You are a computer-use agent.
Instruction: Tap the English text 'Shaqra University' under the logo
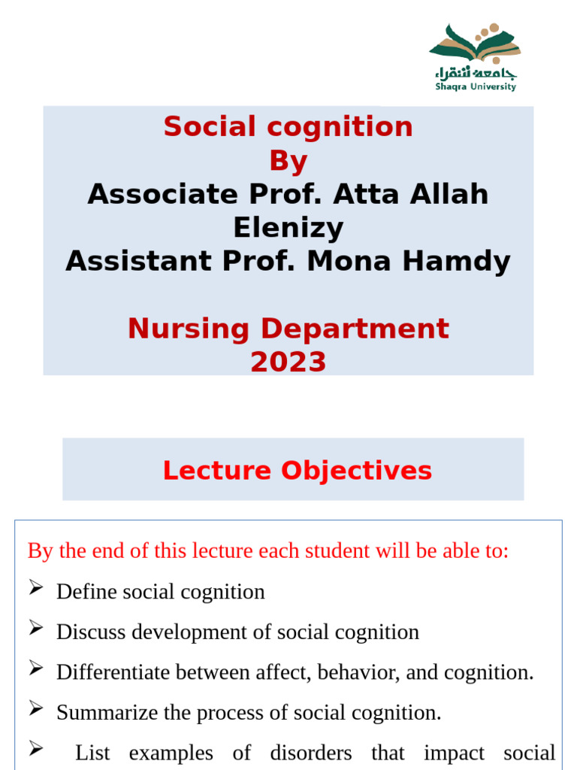point(476,86)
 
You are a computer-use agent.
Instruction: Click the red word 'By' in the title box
point(288,161)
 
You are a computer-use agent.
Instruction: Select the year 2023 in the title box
point(288,362)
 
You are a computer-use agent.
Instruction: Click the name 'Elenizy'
point(288,228)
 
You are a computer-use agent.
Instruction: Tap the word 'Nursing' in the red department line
point(188,329)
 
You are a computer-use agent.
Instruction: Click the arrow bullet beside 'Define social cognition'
point(36,590)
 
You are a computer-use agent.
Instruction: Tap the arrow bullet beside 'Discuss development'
point(36,630)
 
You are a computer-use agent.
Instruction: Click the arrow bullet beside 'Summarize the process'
point(36,711)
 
